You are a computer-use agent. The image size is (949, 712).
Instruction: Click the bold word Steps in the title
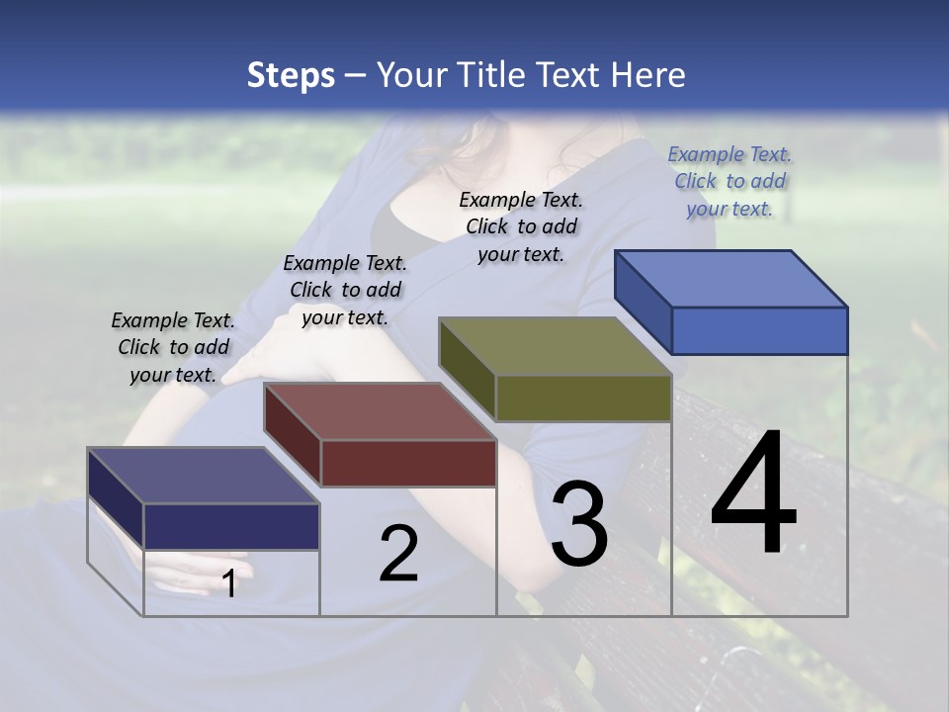[291, 75]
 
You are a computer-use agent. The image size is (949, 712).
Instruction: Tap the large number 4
[753, 494]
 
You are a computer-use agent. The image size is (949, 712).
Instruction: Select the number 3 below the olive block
[579, 524]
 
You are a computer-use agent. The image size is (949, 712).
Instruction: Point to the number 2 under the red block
[398, 555]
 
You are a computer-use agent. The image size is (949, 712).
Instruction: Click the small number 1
[229, 583]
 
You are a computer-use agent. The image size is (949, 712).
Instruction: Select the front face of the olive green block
[583, 399]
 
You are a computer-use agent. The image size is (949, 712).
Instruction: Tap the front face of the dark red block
[408, 463]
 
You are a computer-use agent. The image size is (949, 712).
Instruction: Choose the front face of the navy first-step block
[231, 526]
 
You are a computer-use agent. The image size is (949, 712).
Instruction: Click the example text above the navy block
[173, 347]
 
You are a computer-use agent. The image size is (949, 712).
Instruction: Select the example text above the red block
[345, 290]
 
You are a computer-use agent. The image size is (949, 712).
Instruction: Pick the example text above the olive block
[521, 226]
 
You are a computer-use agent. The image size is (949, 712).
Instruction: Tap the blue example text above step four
[730, 181]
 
